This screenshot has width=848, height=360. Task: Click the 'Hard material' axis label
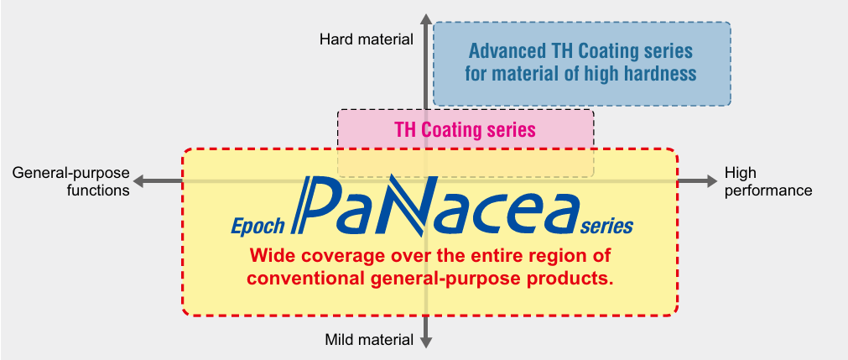(x=367, y=39)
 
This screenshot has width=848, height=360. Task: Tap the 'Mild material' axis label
(x=369, y=340)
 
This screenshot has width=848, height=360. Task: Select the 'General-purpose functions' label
(x=70, y=181)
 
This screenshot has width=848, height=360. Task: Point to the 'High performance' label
(x=768, y=181)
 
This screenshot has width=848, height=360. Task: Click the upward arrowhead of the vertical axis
(x=426, y=19)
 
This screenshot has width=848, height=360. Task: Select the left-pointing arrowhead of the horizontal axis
(x=139, y=181)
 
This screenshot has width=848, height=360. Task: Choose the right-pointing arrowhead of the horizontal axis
(x=710, y=181)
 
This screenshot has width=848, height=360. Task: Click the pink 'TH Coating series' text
(x=466, y=130)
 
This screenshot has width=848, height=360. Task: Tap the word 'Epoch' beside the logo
(x=258, y=226)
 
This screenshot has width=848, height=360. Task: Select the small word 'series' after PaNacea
(x=606, y=227)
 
